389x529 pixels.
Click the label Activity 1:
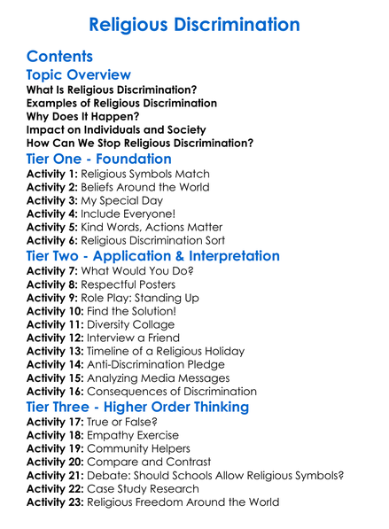click(53, 176)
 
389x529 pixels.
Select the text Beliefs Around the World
click(144, 190)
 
